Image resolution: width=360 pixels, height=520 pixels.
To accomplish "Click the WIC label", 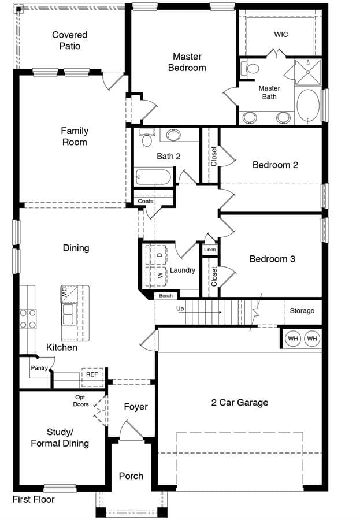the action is tap(281, 35).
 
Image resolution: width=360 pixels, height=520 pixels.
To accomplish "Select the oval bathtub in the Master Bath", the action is tap(308, 106).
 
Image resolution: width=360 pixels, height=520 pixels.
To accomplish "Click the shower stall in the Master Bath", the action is tap(308, 72).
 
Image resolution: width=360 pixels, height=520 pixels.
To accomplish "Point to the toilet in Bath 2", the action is tap(146, 136).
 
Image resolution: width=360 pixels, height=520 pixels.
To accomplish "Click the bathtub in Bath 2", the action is tap(153, 177).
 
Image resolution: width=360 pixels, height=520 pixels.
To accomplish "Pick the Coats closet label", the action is tap(145, 201).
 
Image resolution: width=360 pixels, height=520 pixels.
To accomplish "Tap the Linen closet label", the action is tap(210, 250).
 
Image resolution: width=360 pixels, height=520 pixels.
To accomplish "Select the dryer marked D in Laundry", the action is tap(157, 255).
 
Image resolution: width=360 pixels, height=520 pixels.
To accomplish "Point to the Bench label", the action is tap(166, 295).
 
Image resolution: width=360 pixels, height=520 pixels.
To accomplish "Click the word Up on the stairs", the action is tap(180, 309).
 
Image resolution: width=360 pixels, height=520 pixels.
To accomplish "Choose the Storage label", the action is tap(302, 311).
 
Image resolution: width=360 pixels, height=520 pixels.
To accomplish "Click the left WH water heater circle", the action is tap(292, 339).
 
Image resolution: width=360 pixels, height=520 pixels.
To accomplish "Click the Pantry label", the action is tap(39, 368).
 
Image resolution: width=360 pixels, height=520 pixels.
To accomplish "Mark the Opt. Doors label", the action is tap(81, 400).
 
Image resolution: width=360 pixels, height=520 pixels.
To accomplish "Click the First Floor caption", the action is tap(34, 499).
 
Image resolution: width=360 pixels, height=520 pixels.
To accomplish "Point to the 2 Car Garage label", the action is tap(240, 402).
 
